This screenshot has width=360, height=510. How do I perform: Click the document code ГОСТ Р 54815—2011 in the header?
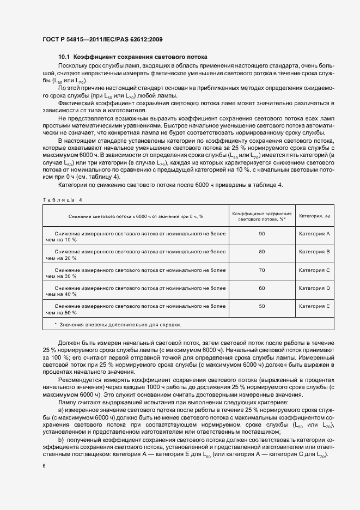pos(70,39)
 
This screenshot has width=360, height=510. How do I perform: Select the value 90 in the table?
pos(261,234)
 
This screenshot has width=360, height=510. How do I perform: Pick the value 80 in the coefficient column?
pos(261,252)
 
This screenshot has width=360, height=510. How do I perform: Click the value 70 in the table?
pos(261,270)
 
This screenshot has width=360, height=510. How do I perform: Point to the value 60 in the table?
pos(261,288)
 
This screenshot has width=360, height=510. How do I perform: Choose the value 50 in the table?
pos(261,306)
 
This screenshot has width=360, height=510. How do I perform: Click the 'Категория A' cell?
pos(315,234)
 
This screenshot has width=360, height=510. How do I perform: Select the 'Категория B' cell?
pos(315,252)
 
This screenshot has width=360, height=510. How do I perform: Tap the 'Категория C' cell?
pos(315,270)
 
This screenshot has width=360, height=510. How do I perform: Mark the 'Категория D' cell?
pos(315,288)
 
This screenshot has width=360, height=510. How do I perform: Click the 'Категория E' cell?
pos(315,306)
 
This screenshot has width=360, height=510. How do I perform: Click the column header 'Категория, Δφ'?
pos(315,216)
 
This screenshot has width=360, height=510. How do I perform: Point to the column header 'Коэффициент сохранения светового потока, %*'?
pos(261,216)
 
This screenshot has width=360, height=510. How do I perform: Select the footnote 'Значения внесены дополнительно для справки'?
pos(120,324)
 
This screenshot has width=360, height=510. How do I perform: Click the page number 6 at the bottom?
pos(44,466)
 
